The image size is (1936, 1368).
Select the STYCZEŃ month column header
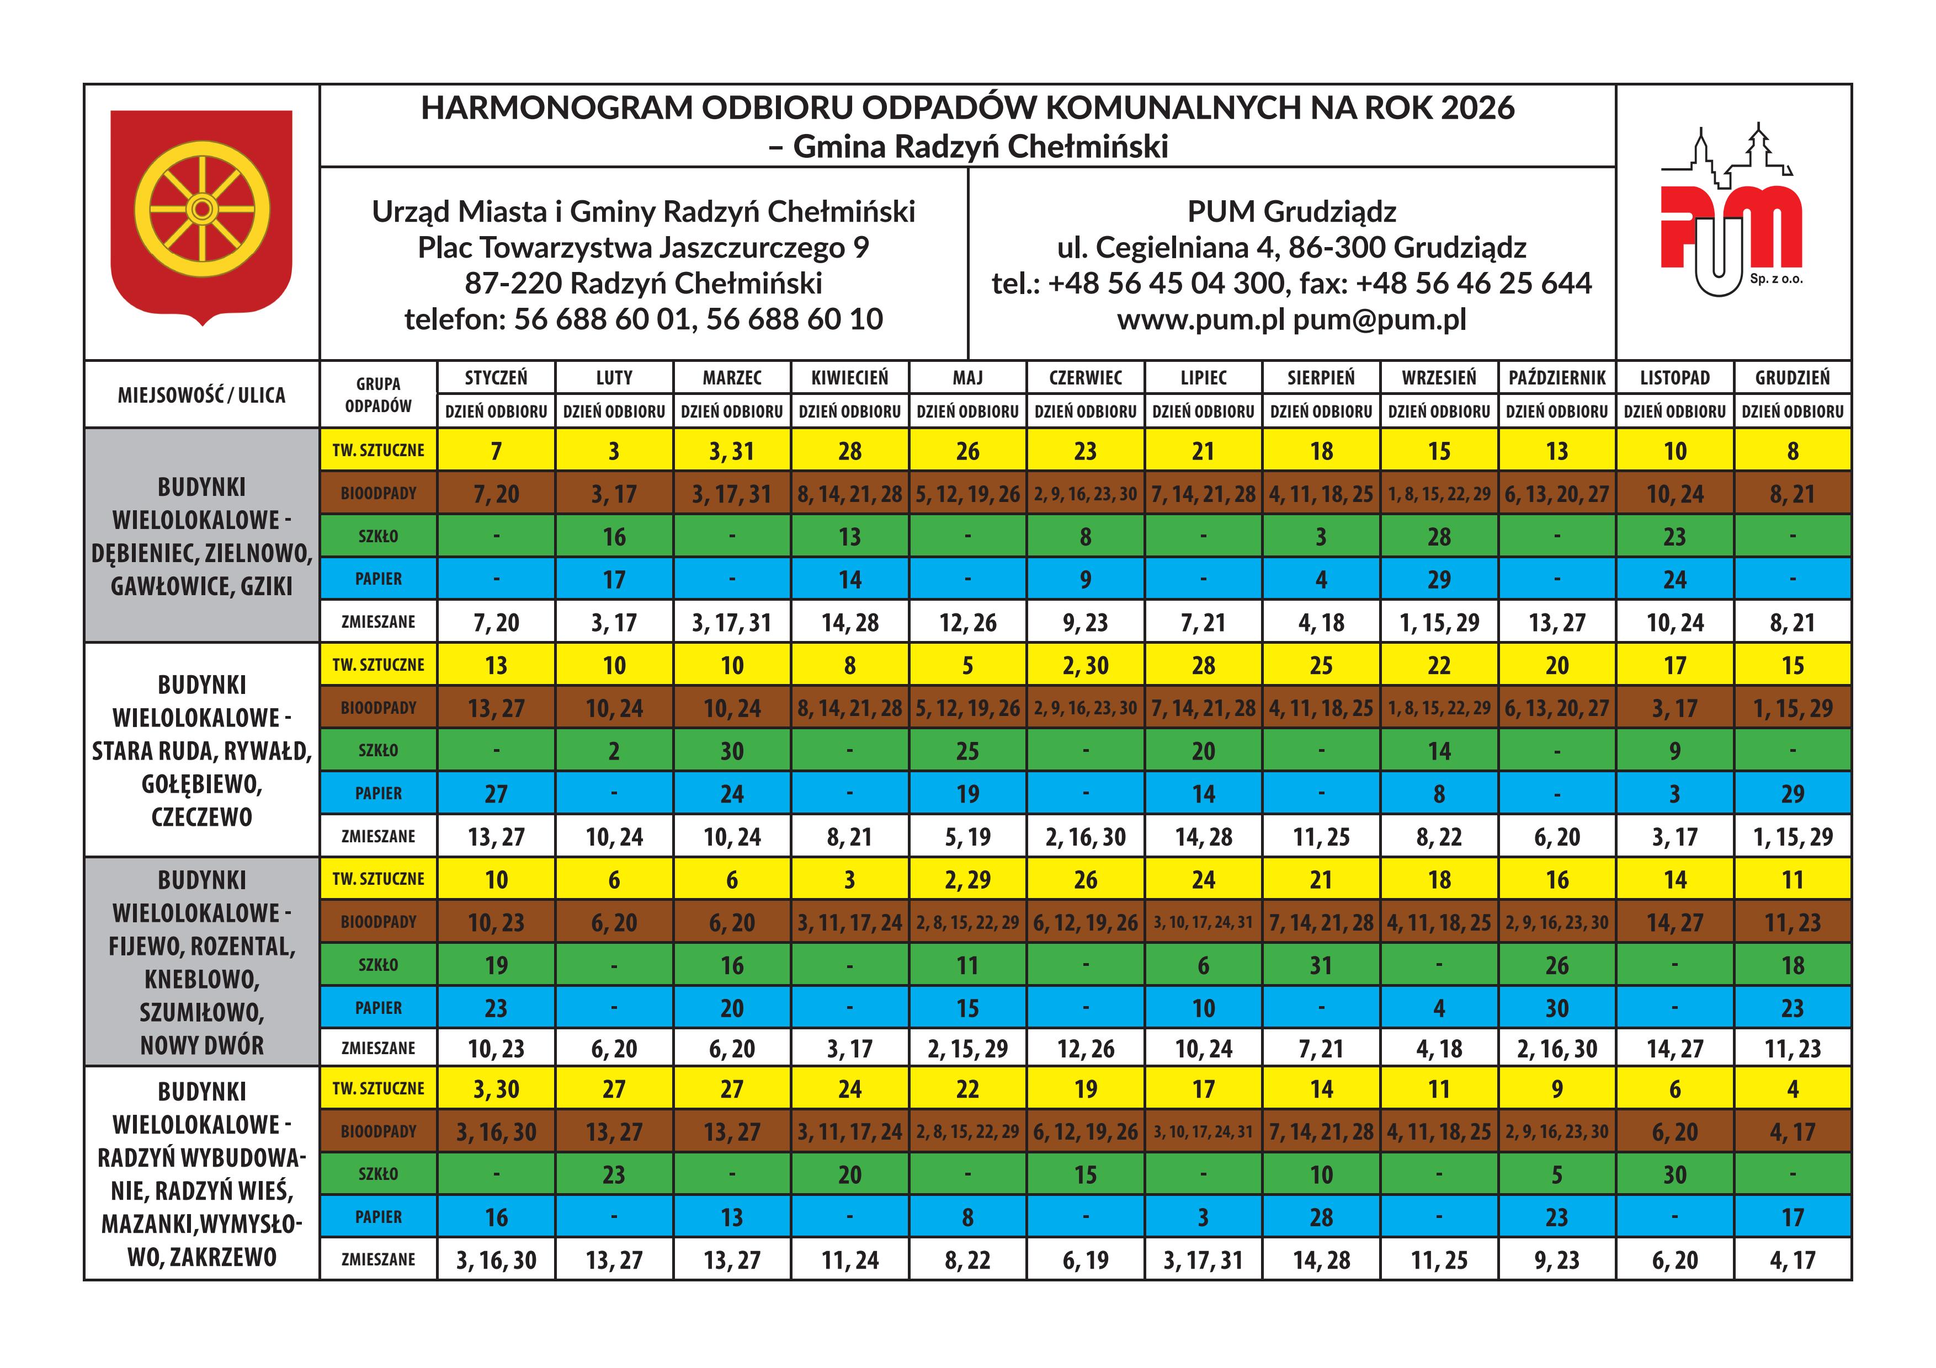496,378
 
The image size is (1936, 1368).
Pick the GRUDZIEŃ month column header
1792,378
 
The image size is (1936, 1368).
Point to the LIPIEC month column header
1203,378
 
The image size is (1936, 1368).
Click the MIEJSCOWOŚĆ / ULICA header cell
201,394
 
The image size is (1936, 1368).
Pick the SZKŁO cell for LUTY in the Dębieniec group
614,537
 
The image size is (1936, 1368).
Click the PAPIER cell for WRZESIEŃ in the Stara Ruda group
1439,794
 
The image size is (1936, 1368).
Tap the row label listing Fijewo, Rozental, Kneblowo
201,961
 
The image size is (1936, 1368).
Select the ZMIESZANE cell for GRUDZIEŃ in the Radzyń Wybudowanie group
1792,1260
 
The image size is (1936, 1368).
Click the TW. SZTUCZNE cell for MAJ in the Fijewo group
967,880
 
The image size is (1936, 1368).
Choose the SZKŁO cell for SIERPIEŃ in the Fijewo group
1321,966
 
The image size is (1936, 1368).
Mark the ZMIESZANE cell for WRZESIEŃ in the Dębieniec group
1439,623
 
